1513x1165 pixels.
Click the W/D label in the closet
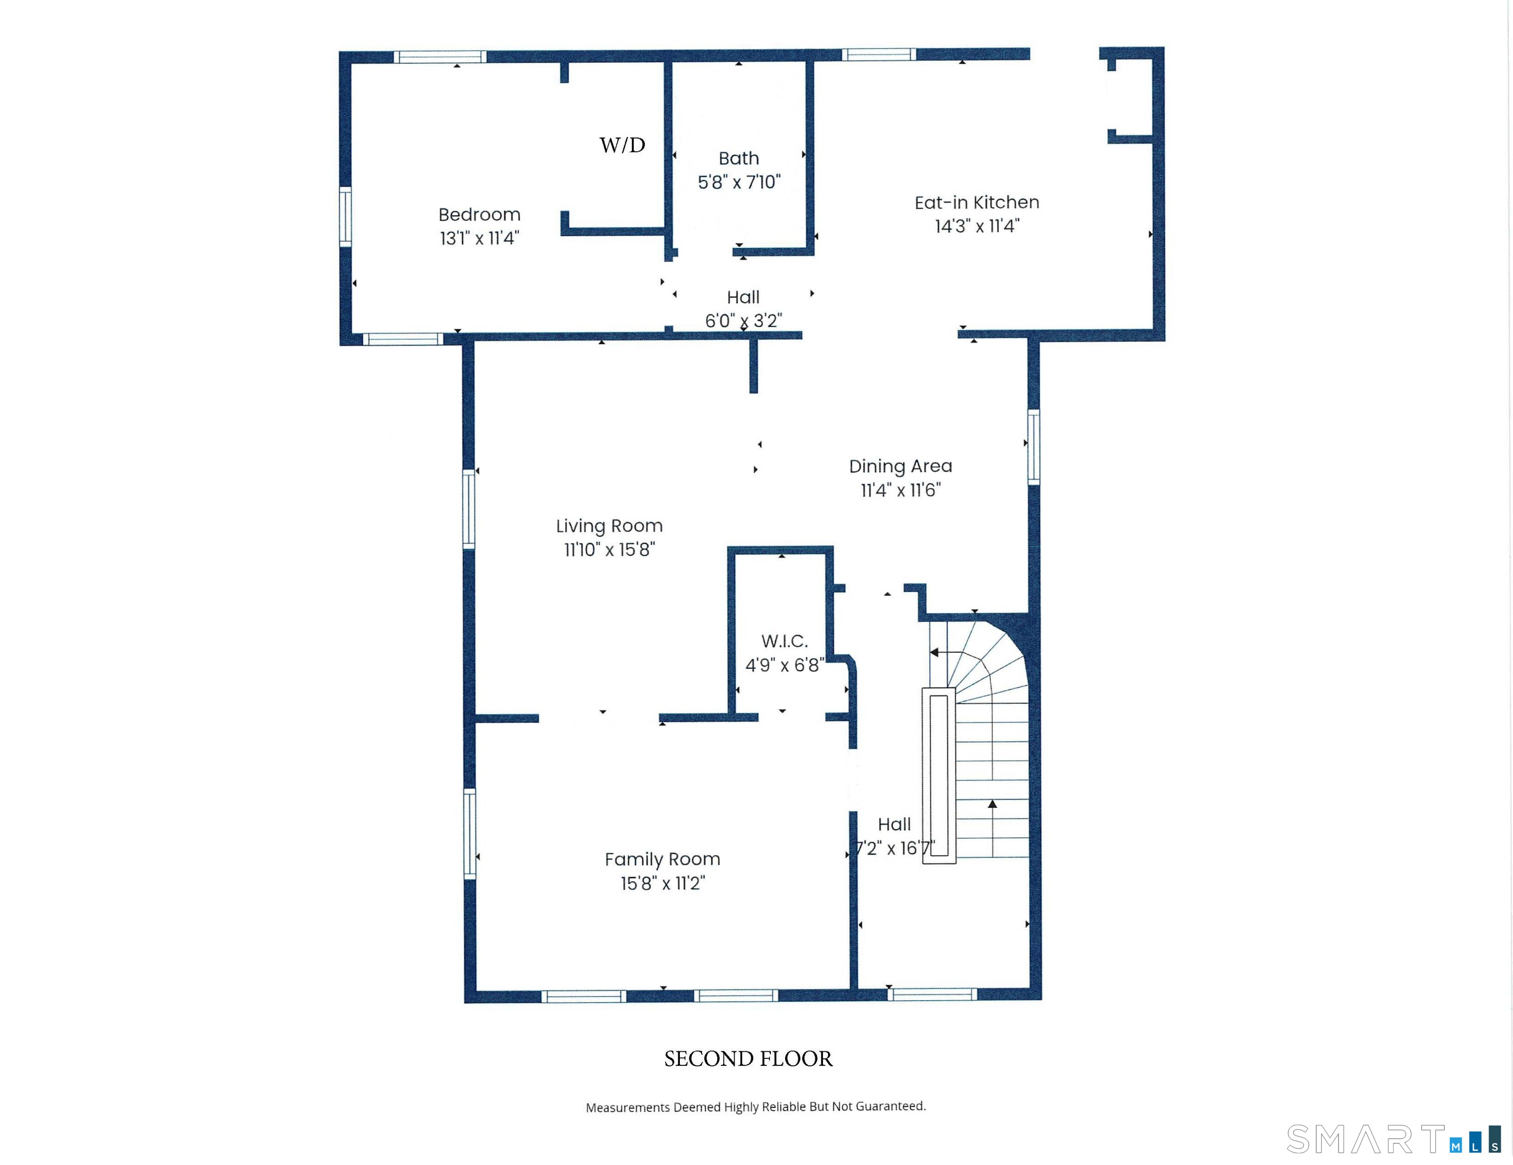(622, 145)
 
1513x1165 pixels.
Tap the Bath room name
(739, 159)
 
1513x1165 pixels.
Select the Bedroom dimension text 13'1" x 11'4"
(480, 238)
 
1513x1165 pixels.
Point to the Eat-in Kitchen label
(977, 202)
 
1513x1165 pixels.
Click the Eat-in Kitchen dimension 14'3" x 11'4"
(977, 227)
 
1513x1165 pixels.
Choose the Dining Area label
(900, 466)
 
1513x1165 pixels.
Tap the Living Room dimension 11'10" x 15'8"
(610, 550)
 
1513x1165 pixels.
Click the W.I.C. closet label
(784, 641)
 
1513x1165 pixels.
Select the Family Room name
(662, 860)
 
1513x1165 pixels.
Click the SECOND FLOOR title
(748, 1059)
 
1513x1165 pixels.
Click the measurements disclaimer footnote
(756, 1107)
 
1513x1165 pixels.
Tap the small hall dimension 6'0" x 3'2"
(743, 321)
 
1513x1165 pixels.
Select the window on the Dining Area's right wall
(1033, 447)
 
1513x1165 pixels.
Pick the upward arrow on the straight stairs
(993, 828)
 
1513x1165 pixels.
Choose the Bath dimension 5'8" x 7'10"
(739, 182)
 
